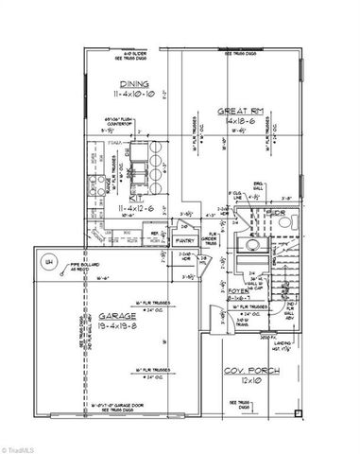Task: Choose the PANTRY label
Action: (184, 241)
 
